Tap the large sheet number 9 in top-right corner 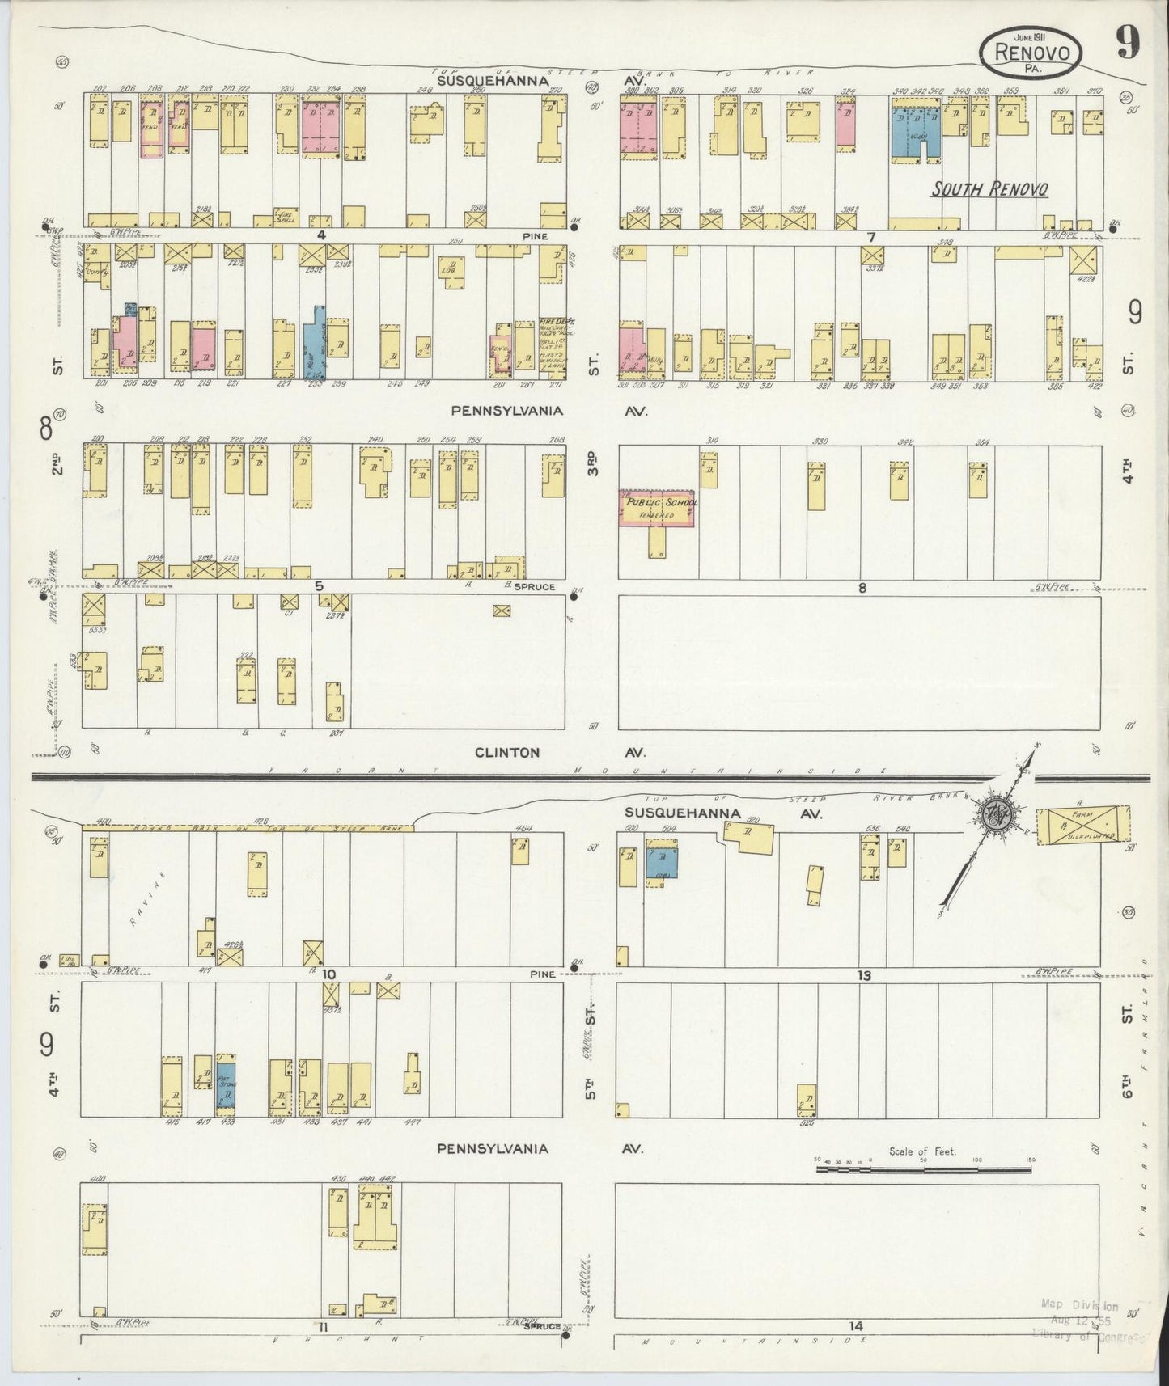coord(1129,42)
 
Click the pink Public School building coord(658,508)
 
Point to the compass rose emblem coord(993,813)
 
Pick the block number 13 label coord(864,976)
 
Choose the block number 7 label coord(870,237)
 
